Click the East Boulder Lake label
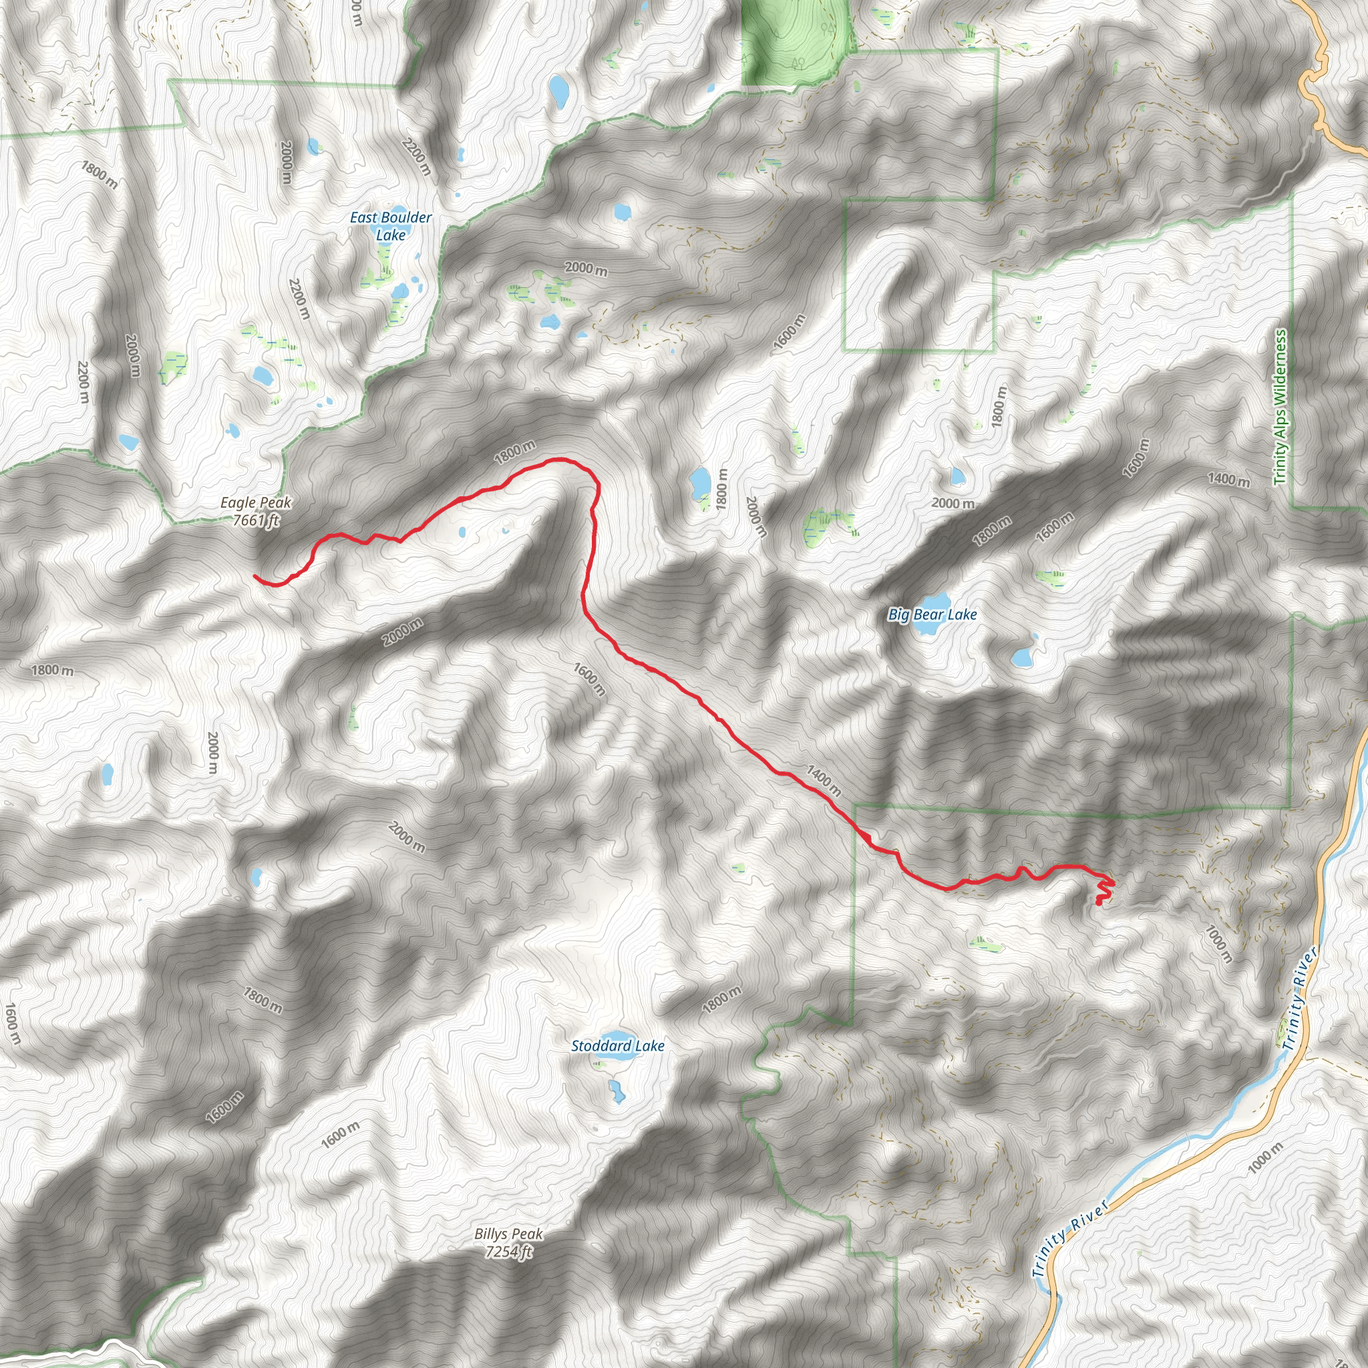coord(390,226)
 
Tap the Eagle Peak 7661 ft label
coord(256,511)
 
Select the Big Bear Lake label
coord(932,615)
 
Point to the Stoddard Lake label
coord(617,1046)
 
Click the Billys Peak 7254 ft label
coord(508,1242)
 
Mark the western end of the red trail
coord(255,577)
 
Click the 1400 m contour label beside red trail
coord(824,780)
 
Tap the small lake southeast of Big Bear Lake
coord(1023,657)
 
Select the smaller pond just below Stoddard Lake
coord(617,1091)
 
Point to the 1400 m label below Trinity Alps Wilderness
coord(1228,480)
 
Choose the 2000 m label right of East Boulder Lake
coord(586,269)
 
